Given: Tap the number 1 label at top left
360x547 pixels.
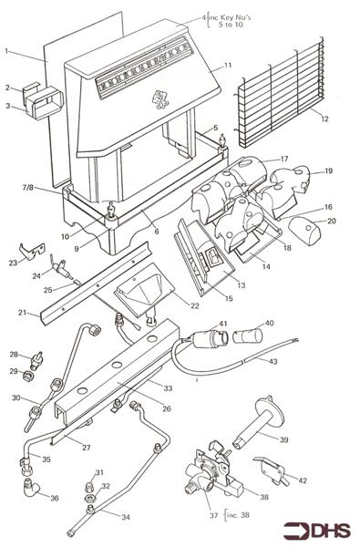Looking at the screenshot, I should coord(6,51).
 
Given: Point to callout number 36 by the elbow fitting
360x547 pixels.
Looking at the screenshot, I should coord(55,498).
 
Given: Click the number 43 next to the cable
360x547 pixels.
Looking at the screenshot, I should coord(273,361).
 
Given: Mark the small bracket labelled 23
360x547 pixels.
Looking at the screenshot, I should coord(33,250).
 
